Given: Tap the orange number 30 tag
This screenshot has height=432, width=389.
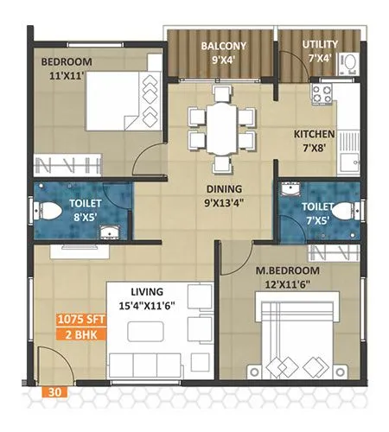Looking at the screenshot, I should (x=54, y=390).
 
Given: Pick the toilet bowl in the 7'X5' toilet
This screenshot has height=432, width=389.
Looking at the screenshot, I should (x=347, y=208).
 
